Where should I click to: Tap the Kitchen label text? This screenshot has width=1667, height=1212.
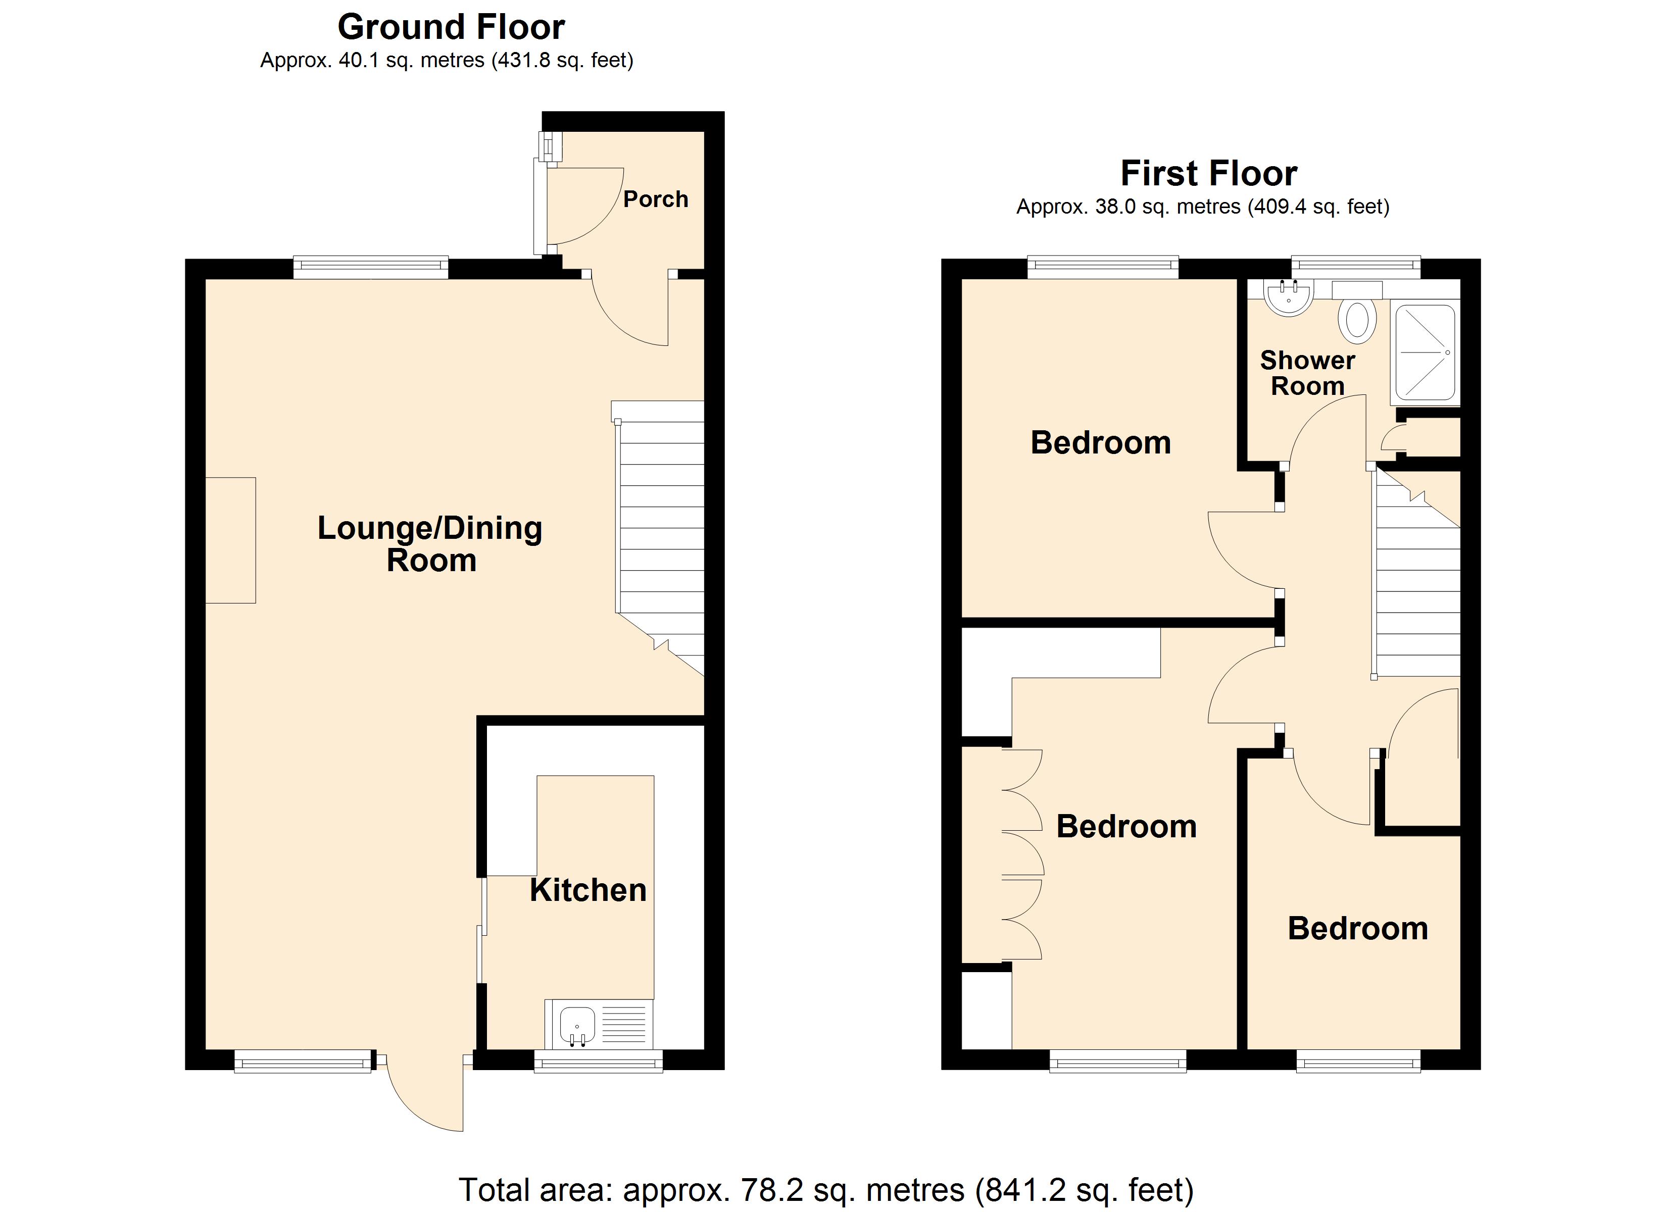pyautogui.click(x=587, y=890)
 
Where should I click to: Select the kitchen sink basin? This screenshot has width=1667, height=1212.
pyautogui.click(x=577, y=1024)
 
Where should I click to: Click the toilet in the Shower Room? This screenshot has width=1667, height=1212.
pyautogui.click(x=1357, y=320)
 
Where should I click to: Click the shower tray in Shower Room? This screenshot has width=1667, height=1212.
pyautogui.click(x=1425, y=353)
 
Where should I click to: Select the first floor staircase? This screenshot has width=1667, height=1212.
pyautogui.click(x=1417, y=588)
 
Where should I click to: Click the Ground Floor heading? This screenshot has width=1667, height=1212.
pyautogui.click(x=451, y=28)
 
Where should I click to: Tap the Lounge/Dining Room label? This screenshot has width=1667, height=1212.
pyautogui.click(x=430, y=544)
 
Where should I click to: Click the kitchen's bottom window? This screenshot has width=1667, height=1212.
pyautogui.click(x=598, y=1060)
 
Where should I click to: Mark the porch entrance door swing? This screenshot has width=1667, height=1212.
pyautogui.click(x=580, y=206)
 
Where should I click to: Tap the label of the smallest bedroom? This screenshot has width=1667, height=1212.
pyautogui.click(x=1357, y=928)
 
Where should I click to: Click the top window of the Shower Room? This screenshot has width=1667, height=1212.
pyautogui.click(x=1356, y=266)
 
